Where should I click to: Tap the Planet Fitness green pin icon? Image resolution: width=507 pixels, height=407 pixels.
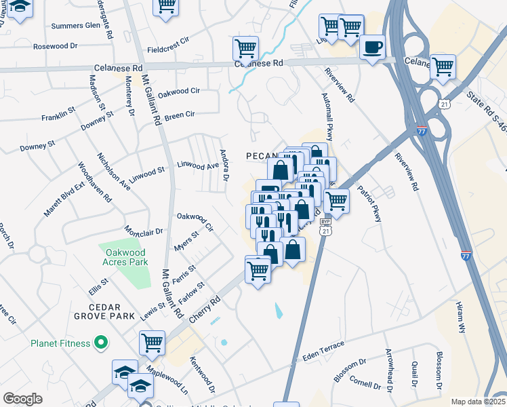pos(101,343)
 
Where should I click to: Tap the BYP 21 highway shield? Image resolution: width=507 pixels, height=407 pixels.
pos(327,231)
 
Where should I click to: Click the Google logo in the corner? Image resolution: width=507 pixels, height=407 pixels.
pos(22,398)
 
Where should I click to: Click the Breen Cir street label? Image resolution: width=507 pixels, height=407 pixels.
pos(180,115)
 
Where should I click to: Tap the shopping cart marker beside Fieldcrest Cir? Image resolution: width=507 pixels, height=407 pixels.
pos(245,48)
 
